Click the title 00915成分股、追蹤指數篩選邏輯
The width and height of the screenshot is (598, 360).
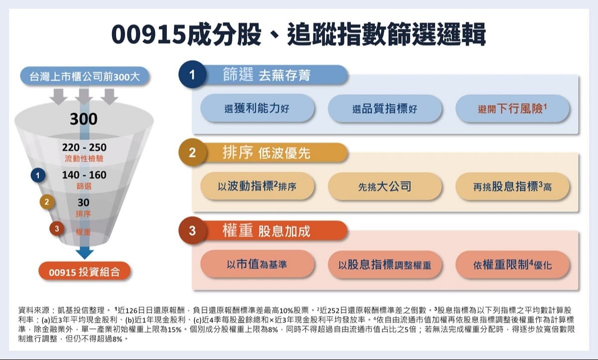click(x=299, y=35)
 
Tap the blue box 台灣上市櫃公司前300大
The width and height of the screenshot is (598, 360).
click(x=84, y=77)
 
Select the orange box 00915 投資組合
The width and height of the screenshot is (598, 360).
click(x=84, y=272)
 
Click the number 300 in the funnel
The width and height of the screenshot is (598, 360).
click(x=84, y=120)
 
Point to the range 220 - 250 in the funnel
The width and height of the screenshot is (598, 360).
click(x=84, y=147)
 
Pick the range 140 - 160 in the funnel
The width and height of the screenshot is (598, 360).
click(x=84, y=175)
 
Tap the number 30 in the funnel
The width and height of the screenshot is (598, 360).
click(x=83, y=203)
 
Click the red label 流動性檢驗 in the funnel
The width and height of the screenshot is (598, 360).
click(x=84, y=159)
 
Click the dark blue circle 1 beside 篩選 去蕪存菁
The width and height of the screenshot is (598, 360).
click(x=192, y=75)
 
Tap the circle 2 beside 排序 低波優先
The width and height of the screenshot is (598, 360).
click(x=192, y=153)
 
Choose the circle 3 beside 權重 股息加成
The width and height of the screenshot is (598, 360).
click(x=192, y=231)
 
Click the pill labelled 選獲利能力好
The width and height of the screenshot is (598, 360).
click(x=257, y=109)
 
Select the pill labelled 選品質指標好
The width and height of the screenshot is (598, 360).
click(x=385, y=109)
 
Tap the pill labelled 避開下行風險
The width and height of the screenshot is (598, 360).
click(x=512, y=109)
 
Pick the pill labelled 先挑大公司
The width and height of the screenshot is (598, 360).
click(x=385, y=187)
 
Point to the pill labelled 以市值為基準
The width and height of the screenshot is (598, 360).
click(x=257, y=264)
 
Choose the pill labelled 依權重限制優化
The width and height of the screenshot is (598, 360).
click(x=512, y=264)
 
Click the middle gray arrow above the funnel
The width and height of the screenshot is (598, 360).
click(x=84, y=96)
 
